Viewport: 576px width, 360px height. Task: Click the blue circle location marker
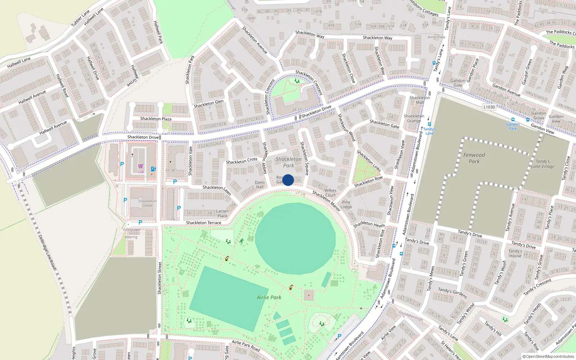click(288, 180)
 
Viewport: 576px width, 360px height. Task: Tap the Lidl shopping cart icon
click(141, 166)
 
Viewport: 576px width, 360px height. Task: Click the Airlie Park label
click(269, 297)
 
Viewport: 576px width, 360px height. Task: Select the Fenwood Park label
click(474, 158)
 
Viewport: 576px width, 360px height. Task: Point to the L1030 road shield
click(489, 107)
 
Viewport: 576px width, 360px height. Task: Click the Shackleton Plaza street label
click(156, 119)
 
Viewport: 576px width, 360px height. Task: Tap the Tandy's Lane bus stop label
click(429, 131)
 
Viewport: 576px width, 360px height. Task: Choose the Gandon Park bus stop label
click(513, 126)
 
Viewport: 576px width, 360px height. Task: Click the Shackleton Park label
click(288, 162)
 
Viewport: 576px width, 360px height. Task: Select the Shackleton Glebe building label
click(147, 203)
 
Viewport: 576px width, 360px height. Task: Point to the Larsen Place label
click(222, 213)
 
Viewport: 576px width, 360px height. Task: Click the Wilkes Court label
click(330, 193)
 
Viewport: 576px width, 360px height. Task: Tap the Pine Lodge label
click(346, 204)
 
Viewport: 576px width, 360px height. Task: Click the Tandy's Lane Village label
click(543, 164)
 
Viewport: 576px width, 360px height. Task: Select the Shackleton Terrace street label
click(203, 223)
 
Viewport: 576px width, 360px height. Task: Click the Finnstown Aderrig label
click(132, 233)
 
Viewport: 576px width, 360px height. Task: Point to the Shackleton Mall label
click(419, 100)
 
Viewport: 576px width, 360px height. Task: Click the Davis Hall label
click(260, 184)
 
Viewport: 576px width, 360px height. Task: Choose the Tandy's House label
click(515, 253)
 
